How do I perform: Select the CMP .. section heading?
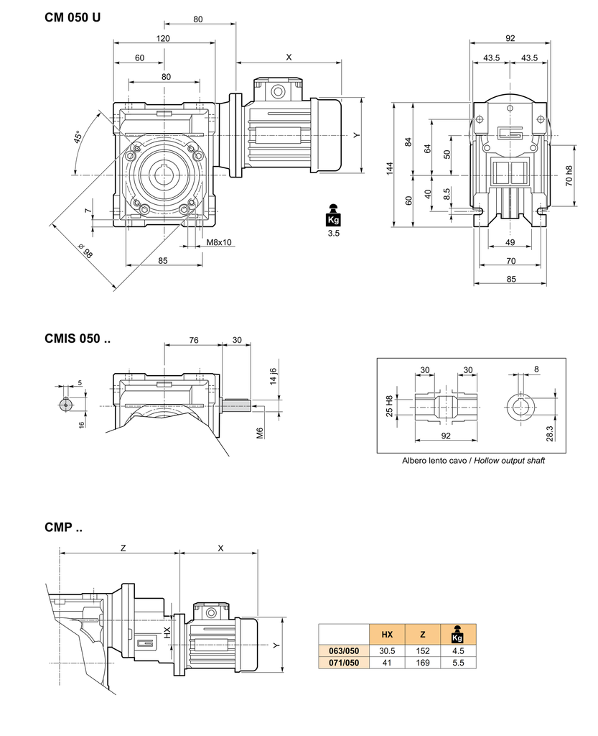tap(63, 528)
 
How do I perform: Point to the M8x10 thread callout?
tap(219, 242)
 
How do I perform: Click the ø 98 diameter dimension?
tap(85, 252)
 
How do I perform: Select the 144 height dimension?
tap(389, 169)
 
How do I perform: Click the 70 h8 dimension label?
tap(569, 177)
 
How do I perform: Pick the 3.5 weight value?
tap(333, 234)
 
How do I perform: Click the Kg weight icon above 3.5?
tap(333, 215)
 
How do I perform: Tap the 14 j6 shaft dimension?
tap(273, 376)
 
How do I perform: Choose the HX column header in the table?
tap(387, 634)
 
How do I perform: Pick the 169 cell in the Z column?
tap(422, 663)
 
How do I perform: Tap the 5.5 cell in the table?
tap(458, 663)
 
